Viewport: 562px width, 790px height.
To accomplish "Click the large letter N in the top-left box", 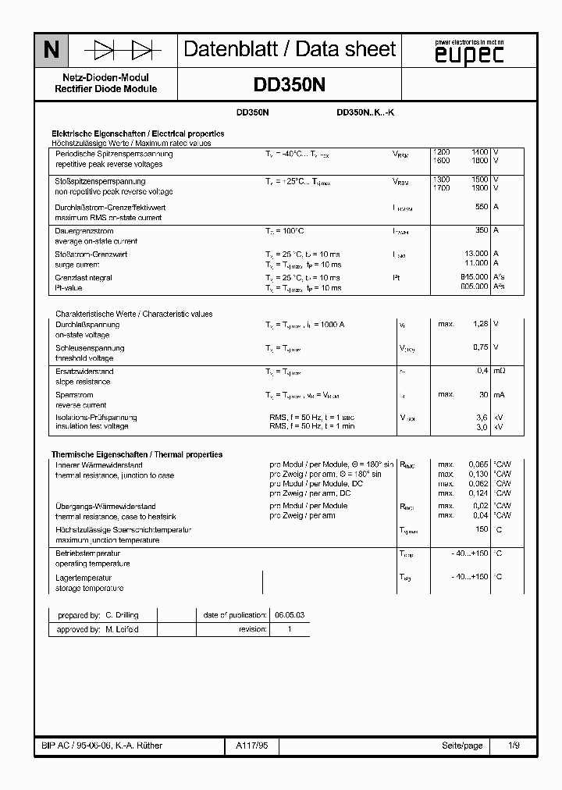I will click(x=51, y=51).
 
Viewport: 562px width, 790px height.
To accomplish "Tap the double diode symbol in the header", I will click(x=123, y=51).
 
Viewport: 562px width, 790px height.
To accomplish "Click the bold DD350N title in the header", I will click(x=290, y=85).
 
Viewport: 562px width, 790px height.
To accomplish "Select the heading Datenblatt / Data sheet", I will click(x=290, y=49).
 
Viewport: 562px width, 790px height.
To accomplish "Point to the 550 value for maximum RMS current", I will click(x=481, y=207).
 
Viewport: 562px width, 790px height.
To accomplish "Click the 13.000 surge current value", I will click(x=476, y=254).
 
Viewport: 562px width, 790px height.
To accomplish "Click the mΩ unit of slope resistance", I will click(x=500, y=371).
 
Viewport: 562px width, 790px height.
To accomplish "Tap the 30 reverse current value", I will click(x=483, y=394).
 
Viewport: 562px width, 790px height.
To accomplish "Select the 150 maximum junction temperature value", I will click(x=482, y=529).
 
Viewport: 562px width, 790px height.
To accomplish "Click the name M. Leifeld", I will click(x=122, y=629).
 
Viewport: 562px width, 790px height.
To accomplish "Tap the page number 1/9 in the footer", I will click(x=514, y=746).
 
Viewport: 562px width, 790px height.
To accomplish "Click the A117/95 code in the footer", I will click(x=251, y=746).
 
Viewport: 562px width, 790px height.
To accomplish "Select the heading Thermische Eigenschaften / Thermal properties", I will click(x=137, y=454).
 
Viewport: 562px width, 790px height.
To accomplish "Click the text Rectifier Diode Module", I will click(x=105, y=89).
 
